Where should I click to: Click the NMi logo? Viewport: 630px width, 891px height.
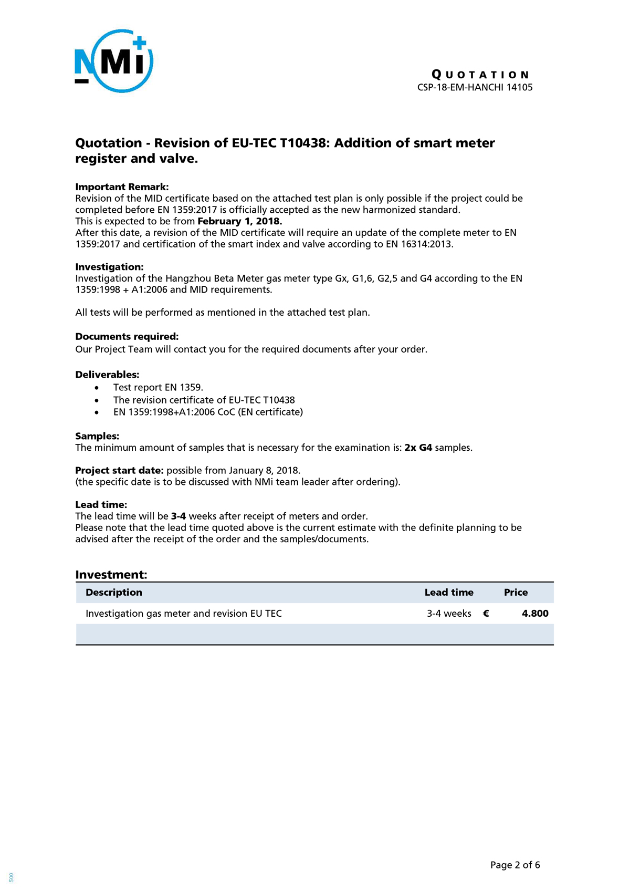click(114, 61)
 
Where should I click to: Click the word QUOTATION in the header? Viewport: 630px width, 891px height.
click(481, 75)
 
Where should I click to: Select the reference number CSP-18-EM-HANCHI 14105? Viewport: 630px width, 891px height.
click(475, 87)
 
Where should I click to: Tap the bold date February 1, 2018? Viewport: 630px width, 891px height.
click(240, 221)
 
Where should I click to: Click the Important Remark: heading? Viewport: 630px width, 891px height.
click(122, 187)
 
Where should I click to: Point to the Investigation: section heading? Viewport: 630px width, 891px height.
click(109, 267)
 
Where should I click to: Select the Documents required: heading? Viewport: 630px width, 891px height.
click(127, 336)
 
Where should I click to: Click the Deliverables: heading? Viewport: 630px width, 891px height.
click(107, 375)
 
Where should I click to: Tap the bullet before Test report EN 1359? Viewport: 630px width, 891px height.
click(97, 388)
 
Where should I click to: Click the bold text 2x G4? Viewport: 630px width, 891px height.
click(418, 448)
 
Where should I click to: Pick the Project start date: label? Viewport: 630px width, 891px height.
click(119, 470)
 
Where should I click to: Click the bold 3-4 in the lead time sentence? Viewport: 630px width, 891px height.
click(178, 516)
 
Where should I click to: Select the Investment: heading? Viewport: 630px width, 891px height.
click(111, 574)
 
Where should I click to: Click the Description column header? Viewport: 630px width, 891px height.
click(114, 592)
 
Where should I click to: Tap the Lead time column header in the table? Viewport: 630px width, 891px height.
click(449, 592)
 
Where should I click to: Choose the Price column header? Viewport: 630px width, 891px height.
click(516, 592)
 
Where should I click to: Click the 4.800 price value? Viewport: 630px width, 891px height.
click(535, 613)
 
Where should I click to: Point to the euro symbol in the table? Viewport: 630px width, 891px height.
click(486, 613)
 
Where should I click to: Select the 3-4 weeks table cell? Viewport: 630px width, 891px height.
click(449, 613)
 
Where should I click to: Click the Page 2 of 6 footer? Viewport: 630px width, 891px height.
click(515, 865)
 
